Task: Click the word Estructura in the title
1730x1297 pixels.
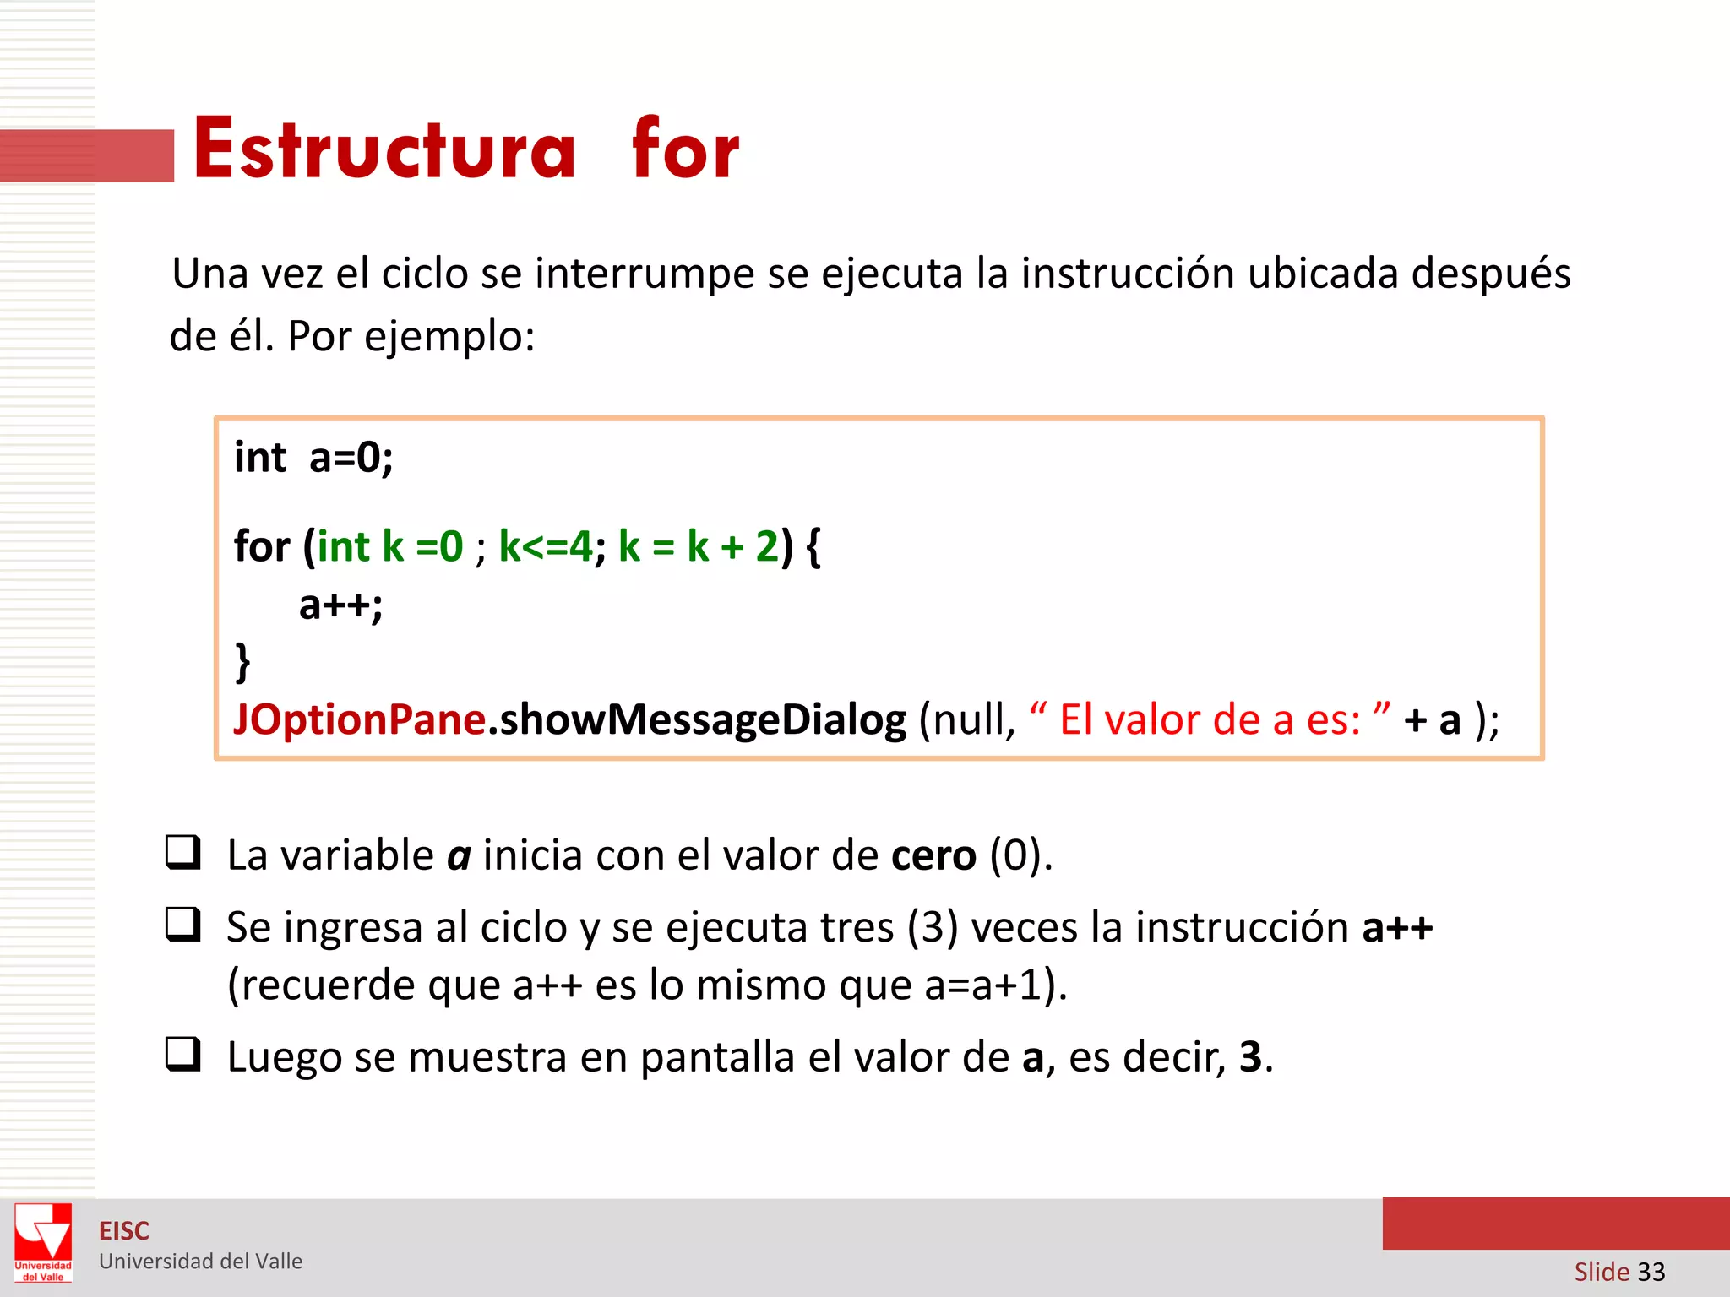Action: [x=384, y=149]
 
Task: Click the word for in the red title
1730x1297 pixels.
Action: [x=685, y=149]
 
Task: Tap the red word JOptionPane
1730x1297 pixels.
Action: [x=359, y=719]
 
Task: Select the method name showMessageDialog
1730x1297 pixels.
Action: [x=703, y=719]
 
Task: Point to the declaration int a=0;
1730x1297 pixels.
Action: [x=313, y=458]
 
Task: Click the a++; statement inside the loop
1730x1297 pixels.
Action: [x=340, y=605]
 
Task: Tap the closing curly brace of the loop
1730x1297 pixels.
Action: [x=242, y=660]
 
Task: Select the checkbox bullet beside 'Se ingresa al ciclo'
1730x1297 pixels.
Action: [x=182, y=924]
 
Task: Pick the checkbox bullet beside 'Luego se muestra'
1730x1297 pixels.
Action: [x=182, y=1054]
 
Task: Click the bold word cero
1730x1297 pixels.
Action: [x=933, y=855]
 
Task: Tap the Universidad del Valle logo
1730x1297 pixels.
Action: [x=43, y=1242]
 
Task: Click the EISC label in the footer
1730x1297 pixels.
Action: [x=123, y=1231]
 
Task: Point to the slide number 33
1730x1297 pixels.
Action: [x=1651, y=1272]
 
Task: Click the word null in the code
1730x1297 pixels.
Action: [x=965, y=719]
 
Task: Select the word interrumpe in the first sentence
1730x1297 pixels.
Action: [x=645, y=274]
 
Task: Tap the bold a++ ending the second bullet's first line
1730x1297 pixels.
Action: [x=1397, y=927]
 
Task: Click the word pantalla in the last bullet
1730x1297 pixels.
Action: [x=717, y=1057]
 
